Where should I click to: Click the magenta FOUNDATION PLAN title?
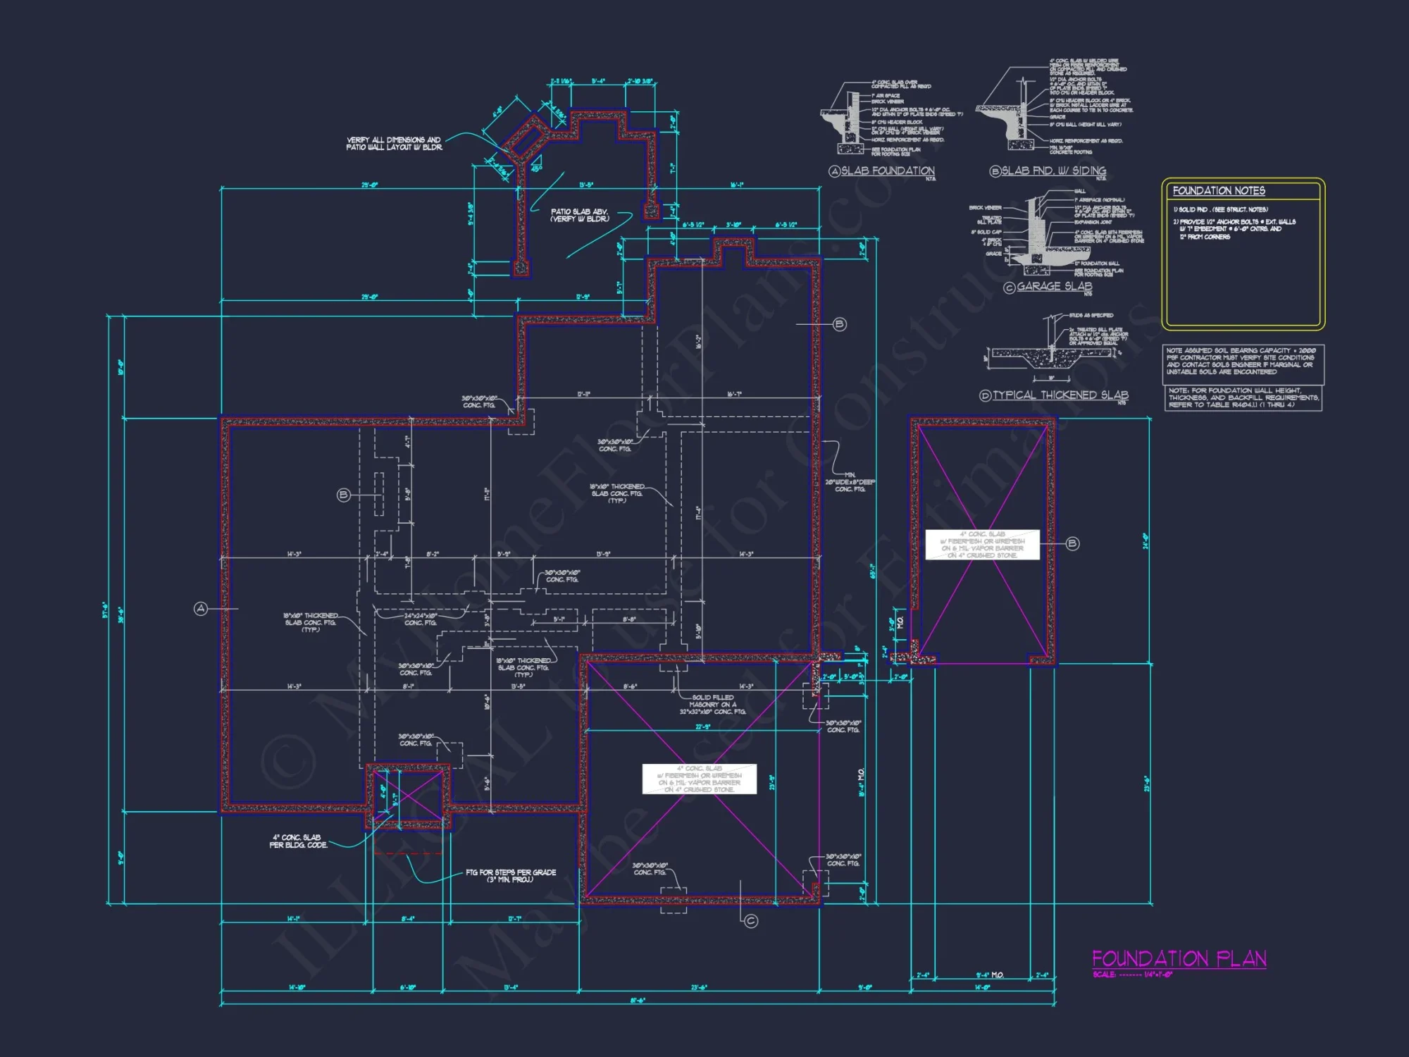click(x=1179, y=958)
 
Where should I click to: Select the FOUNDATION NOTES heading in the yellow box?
click(x=1218, y=191)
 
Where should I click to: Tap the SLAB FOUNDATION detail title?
click(x=887, y=171)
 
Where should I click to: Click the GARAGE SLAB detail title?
click(x=1053, y=286)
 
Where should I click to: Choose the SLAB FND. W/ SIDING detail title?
click(x=1053, y=171)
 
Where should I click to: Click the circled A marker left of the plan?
click(x=201, y=608)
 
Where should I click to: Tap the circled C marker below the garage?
click(x=751, y=921)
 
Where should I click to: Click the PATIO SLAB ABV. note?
click(x=579, y=215)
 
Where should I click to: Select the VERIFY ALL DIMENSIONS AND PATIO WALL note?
click(x=394, y=144)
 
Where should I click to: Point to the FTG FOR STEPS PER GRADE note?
click(x=511, y=876)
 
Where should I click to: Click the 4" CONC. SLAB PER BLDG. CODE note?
click(x=298, y=841)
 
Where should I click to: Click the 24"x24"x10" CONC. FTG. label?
click(x=421, y=619)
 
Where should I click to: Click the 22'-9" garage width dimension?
click(x=702, y=727)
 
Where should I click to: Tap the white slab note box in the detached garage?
click(x=982, y=545)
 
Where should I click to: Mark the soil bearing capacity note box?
click(x=1243, y=361)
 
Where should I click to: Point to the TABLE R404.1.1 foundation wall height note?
click(x=1243, y=397)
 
